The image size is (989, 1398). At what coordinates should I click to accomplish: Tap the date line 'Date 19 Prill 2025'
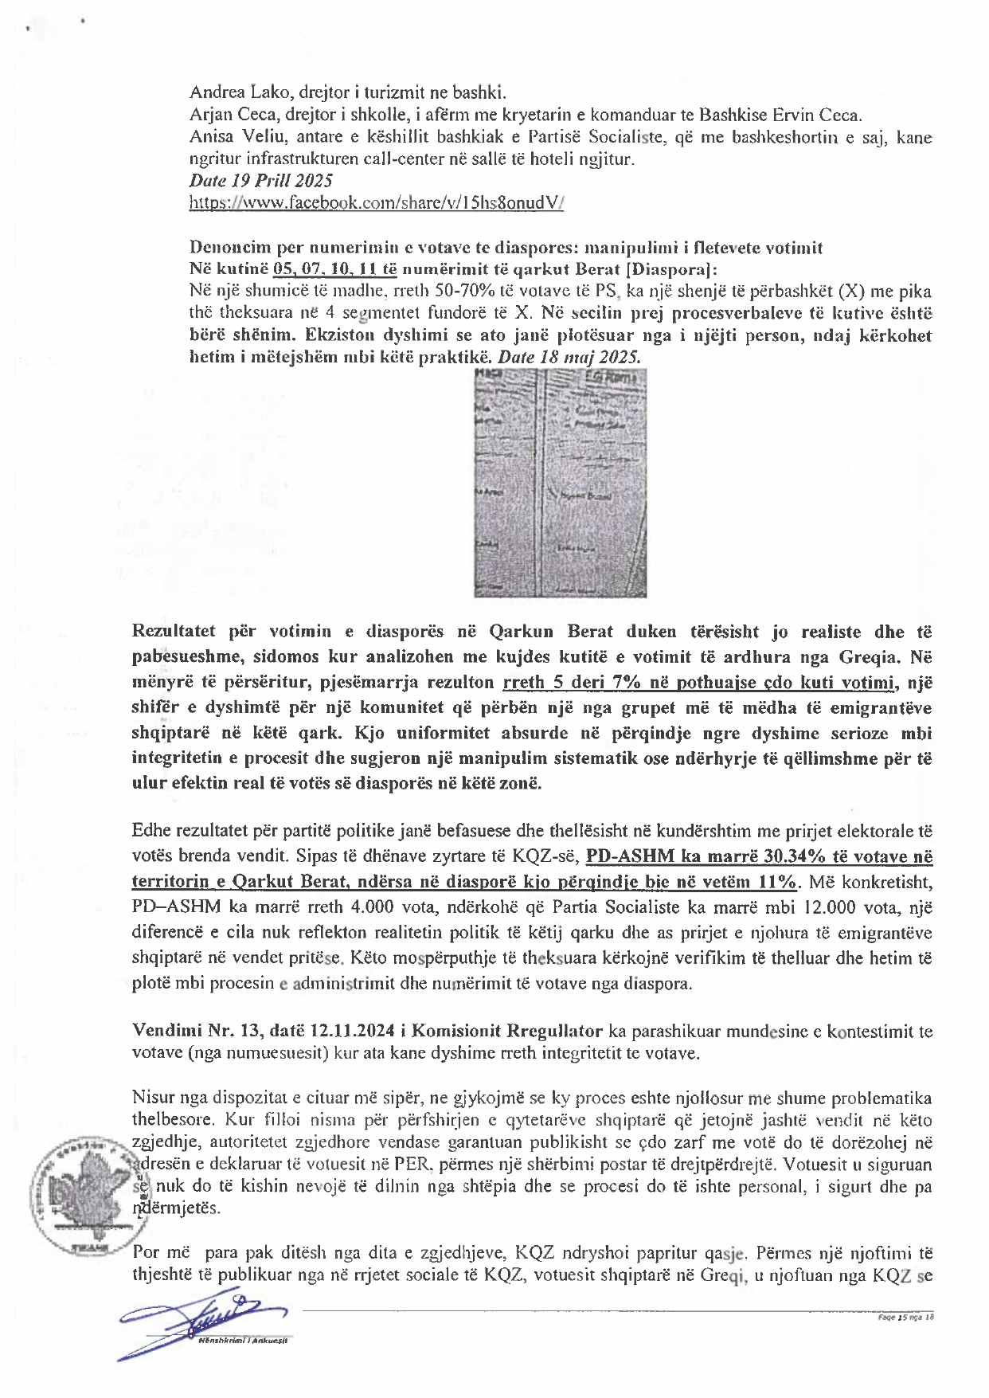(x=260, y=181)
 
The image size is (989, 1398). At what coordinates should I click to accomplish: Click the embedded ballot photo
(x=560, y=483)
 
